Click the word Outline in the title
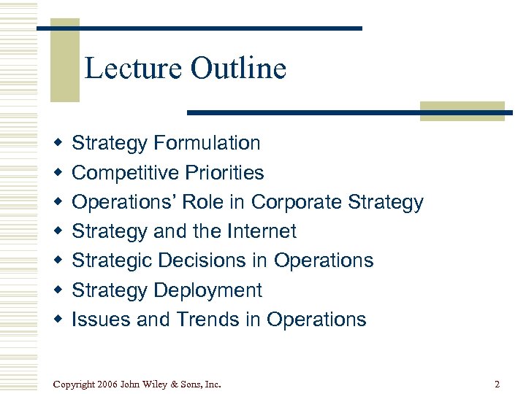coord(238,69)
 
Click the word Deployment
coord(208,290)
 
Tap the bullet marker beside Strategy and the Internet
coord(56,231)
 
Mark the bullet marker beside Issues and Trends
coord(56,320)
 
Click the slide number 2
coord(497,384)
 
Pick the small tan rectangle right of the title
coord(462,110)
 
